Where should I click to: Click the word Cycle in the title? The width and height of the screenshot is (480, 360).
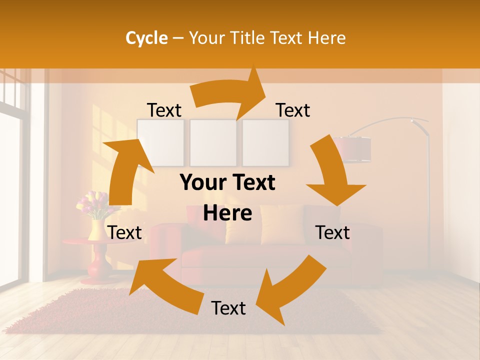coord(146,38)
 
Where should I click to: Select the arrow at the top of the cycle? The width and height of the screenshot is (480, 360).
coord(230,92)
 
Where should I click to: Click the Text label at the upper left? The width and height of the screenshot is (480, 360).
coord(164,110)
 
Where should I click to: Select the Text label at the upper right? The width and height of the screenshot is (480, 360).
coord(293,110)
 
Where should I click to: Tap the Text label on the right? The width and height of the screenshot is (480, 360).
coord(332,233)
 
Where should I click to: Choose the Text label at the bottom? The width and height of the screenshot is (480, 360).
coord(228,308)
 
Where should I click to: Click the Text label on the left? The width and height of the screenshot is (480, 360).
coord(124,233)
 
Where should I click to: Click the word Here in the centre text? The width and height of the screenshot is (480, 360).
coord(227,213)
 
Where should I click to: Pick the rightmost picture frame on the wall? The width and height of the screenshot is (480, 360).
coord(265,142)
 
